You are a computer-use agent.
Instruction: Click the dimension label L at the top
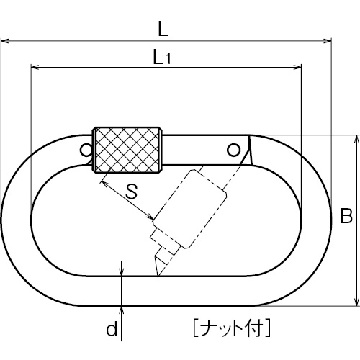point(163,30)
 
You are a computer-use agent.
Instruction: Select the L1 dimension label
point(162,57)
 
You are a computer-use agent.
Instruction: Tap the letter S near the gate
point(132,192)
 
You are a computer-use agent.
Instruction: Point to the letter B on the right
point(346,216)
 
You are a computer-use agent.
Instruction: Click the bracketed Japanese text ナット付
point(232,328)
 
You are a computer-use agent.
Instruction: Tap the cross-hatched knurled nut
point(127,150)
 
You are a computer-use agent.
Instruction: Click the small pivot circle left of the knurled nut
point(86,150)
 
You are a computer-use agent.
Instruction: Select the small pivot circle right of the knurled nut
point(233,150)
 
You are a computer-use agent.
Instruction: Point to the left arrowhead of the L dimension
point(5,41)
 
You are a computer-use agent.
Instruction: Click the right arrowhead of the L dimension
point(328,41)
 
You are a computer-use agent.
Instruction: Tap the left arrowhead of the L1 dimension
point(35,67)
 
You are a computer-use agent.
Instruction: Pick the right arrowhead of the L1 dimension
point(297,67)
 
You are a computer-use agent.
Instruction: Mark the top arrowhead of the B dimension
point(357,140)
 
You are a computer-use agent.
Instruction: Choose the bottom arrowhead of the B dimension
point(357,302)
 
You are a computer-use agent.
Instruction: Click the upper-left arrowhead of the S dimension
point(105,184)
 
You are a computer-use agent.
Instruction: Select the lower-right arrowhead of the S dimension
point(150,217)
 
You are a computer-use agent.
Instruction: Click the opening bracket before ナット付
point(196,328)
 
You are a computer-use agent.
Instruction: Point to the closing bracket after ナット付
point(268,328)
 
